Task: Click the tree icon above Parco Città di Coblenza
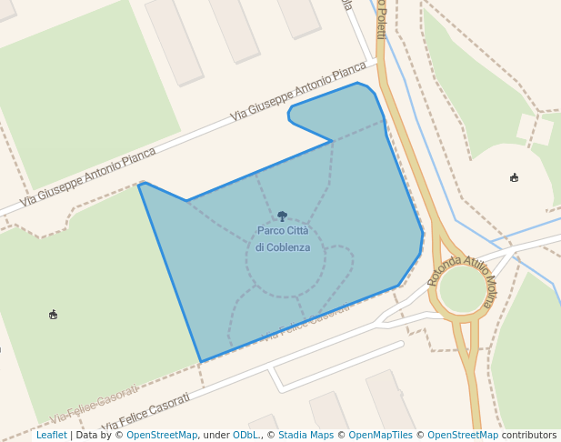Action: click(x=282, y=216)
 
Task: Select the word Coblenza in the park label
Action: click(x=289, y=247)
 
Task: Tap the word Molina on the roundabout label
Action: click(x=488, y=288)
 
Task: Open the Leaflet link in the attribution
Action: click(x=51, y=436)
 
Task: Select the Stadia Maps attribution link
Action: click(x=306, y=436)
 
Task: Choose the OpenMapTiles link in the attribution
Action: click(x=382, y=436)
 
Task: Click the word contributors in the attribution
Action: click(x=529, y=436)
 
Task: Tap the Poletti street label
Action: click(x=381, y=18)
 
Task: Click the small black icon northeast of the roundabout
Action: click(x=515, y=177)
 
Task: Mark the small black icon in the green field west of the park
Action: click(x=53, y=315)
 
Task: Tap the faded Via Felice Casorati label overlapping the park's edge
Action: click(x=305, y=326)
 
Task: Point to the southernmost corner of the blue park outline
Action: click(x=200, y=361)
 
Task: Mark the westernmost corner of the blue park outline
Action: click(x=139, y=185)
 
